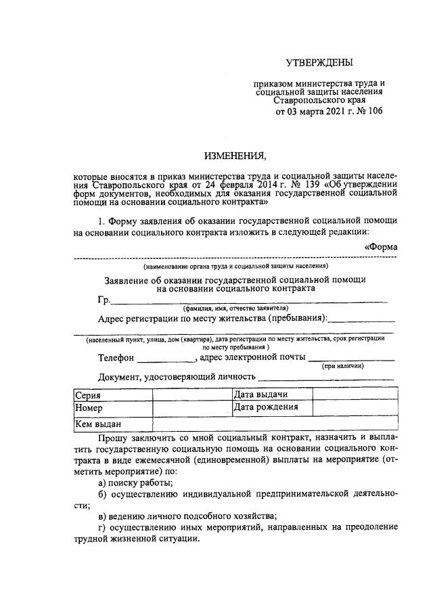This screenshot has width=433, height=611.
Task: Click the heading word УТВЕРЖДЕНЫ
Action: click(319, 64)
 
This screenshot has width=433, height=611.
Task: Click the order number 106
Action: click(374, 111)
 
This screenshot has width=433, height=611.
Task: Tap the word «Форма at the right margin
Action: click(381, 247)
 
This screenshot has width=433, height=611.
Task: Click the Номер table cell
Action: click(112, 409)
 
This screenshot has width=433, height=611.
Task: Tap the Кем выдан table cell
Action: click(112, 424)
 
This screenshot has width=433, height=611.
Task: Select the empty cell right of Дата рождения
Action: click(353, 409)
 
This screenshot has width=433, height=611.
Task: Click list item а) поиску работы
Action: click(135, 482)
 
